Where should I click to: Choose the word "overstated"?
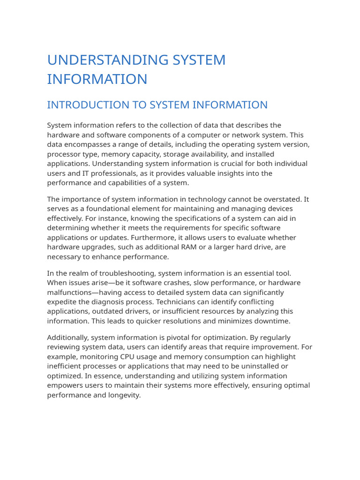coord(278,199)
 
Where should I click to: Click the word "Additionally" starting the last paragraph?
coord(68,337)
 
